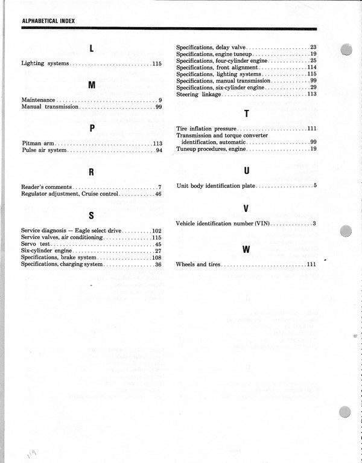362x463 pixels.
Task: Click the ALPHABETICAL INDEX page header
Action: (48, 21)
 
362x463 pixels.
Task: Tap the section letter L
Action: (92, 48)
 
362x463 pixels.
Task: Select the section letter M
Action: (92, 85)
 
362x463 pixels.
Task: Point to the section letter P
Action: (92, 128)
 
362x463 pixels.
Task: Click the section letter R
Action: (92, 172)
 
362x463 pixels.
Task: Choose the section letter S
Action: (92, 216)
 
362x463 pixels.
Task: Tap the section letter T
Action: (246, 113)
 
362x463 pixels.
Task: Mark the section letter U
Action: (246, 171)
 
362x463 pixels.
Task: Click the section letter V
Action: (246, 209)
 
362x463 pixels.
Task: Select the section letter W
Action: (246, 249)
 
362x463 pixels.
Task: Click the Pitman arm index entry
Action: (38, 143)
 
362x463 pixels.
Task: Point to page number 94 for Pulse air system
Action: (159, 150)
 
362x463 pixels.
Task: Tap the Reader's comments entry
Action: (46, 187)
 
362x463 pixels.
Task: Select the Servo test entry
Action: (35, 244)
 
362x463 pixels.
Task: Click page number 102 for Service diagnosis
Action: (157, 231)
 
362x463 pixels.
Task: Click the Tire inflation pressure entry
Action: (206, 129)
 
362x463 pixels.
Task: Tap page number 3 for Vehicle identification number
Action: (314, 223)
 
